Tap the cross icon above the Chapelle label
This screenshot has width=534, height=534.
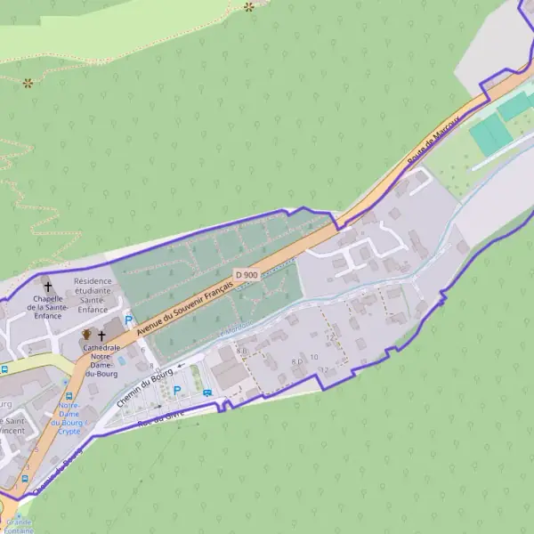48,287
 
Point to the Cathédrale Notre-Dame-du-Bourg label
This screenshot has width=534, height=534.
105,360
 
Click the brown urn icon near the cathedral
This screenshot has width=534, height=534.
87,334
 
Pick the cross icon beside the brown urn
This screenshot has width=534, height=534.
102,335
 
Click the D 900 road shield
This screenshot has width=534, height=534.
247,275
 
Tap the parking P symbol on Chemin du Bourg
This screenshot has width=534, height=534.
176,390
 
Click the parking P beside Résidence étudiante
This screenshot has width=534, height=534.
128,320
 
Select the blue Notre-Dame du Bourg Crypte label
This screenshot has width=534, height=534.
69,418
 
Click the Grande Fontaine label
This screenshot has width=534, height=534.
18,526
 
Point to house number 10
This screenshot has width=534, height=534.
314,358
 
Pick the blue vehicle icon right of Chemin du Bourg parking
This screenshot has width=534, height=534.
207,392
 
